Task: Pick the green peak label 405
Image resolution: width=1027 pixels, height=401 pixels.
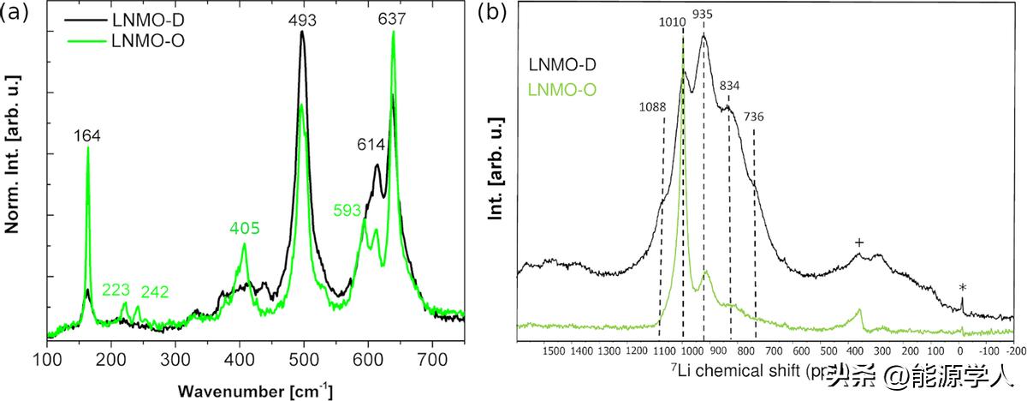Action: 244,229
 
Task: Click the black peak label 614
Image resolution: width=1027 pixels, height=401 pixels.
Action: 370,147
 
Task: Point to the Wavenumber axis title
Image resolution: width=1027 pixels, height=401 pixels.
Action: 256,390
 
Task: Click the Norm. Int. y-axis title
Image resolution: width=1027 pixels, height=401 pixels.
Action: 14,154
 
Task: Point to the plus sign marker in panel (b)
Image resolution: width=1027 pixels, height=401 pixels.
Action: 858,242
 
